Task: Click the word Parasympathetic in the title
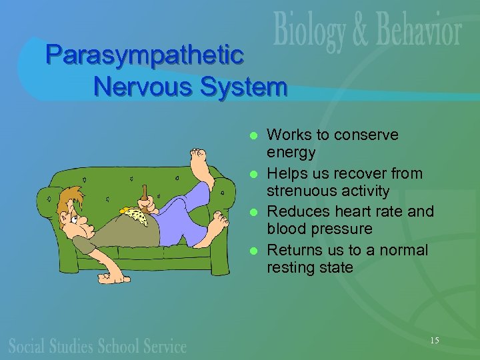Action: [x=144, y=55]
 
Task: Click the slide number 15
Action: [x=434, y=341]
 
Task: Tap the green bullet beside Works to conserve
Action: [x=253, y=135]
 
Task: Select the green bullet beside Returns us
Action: [x=253, y=251]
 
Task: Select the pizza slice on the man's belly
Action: [x=135, y=215]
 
